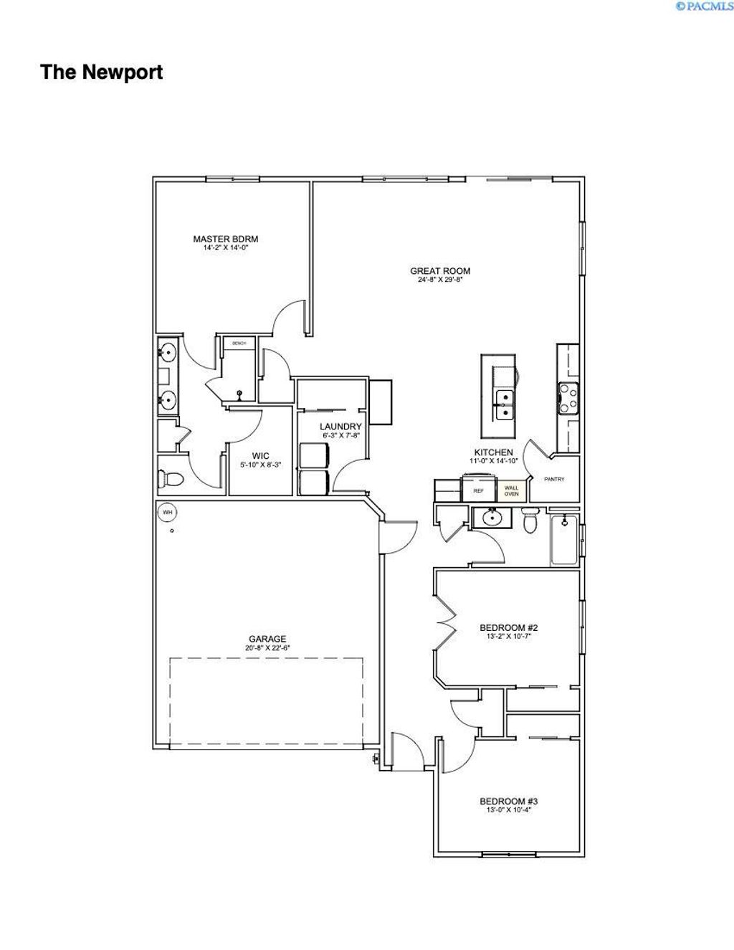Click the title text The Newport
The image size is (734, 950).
click(102, 72)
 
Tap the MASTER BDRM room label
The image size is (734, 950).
click(225, 239)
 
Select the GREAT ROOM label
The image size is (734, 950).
click(440, 271)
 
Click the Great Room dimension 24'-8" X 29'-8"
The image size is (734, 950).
click(440, 280)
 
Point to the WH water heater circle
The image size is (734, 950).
click(167, 512)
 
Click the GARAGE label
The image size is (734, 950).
click(267, 639)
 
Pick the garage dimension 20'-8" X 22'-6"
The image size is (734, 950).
click(267, 648)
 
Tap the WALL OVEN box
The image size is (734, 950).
click(512, 490)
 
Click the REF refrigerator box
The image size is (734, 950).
click(478, 491)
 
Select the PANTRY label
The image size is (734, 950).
click(555, 479)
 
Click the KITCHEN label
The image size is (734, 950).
click(493, 452)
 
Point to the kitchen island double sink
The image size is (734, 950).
click(505, 404)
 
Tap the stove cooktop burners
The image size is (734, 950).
click(568, 398)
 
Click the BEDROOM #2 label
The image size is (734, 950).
click(508, 628)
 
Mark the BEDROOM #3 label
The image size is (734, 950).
click(508, 802)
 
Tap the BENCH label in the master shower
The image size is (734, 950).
click(239, 343)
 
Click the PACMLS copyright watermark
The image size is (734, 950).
click(704, 6)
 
